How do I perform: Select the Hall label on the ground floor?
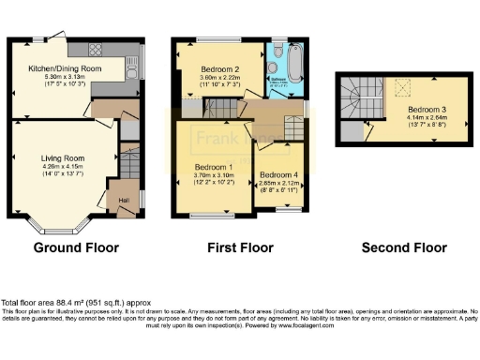click(x=124, y=199)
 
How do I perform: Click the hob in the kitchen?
click(x=97, y=48)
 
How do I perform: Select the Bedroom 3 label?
click(x=424, y=108)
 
